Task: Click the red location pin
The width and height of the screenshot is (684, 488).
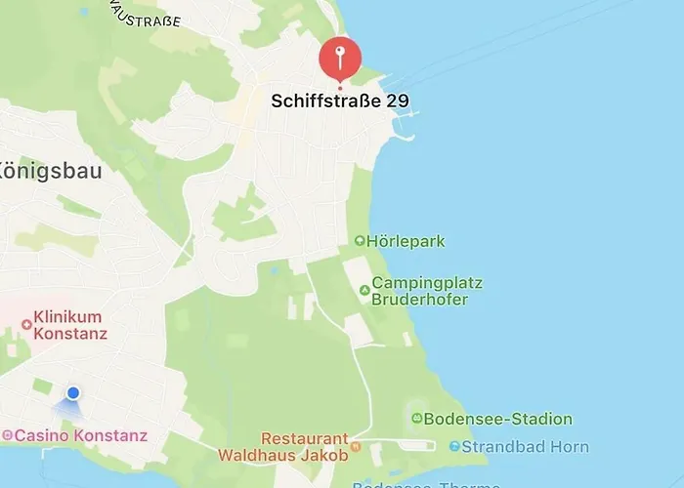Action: pyautogui.click(x=340, y=58)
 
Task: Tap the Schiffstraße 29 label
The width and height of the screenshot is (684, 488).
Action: pyautogui.click(x=339, y=101)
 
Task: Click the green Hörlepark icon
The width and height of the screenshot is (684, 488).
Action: pyautogui.click(x=360, y=240)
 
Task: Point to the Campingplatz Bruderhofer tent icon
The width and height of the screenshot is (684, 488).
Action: pyautogui.click(x=364, y=290)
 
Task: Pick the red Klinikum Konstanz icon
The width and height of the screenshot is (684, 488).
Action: pyautogui.click(x=26, y=324)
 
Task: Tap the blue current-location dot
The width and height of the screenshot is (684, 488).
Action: pyautogui.click(x=73, y=392)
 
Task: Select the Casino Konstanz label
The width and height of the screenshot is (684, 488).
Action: pyautogui.click(x=81, y=435)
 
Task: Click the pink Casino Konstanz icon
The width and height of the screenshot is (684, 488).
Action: pyautogui.click(x=7, y=435)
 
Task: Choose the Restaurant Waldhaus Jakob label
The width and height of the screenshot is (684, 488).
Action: pyautogui.click(x=282, y=446)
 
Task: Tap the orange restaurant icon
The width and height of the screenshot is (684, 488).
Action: pyautogui.click(x=356, y=446)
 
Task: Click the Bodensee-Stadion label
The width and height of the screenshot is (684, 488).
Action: pyautogui.click(x=499, y=419)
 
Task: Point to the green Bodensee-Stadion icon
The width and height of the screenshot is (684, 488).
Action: pyautogui.click(x=417, y=419)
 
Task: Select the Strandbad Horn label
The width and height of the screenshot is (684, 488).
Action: pyautogui.click(x=525, y=447)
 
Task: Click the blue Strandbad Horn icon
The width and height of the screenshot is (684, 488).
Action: pyautogui.click(x=454, y=447)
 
